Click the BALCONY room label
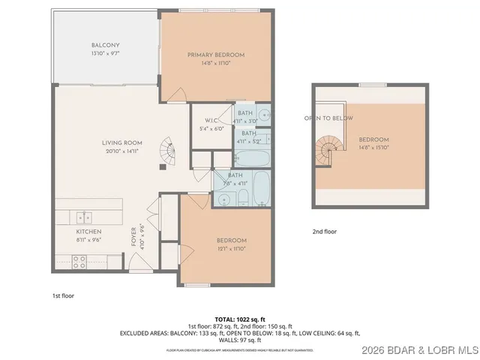point(105,45)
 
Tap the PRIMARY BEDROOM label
point(216,55)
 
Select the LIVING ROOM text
point(122,142)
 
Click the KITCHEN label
point(88,232)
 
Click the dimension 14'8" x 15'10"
point(373,148)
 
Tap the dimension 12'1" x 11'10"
point(230,249)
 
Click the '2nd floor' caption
point(325,232)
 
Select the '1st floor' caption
point(63,295)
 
